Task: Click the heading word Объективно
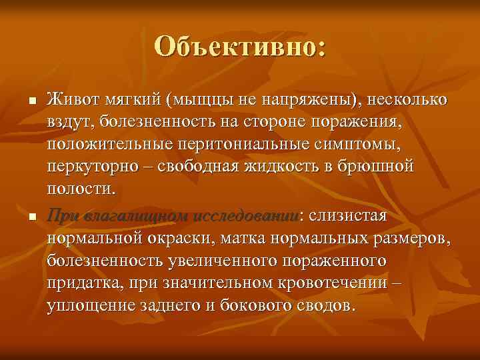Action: pyautogui.click(x=239, y=47)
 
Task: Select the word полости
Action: pyautogui.click(x=79, y=189)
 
